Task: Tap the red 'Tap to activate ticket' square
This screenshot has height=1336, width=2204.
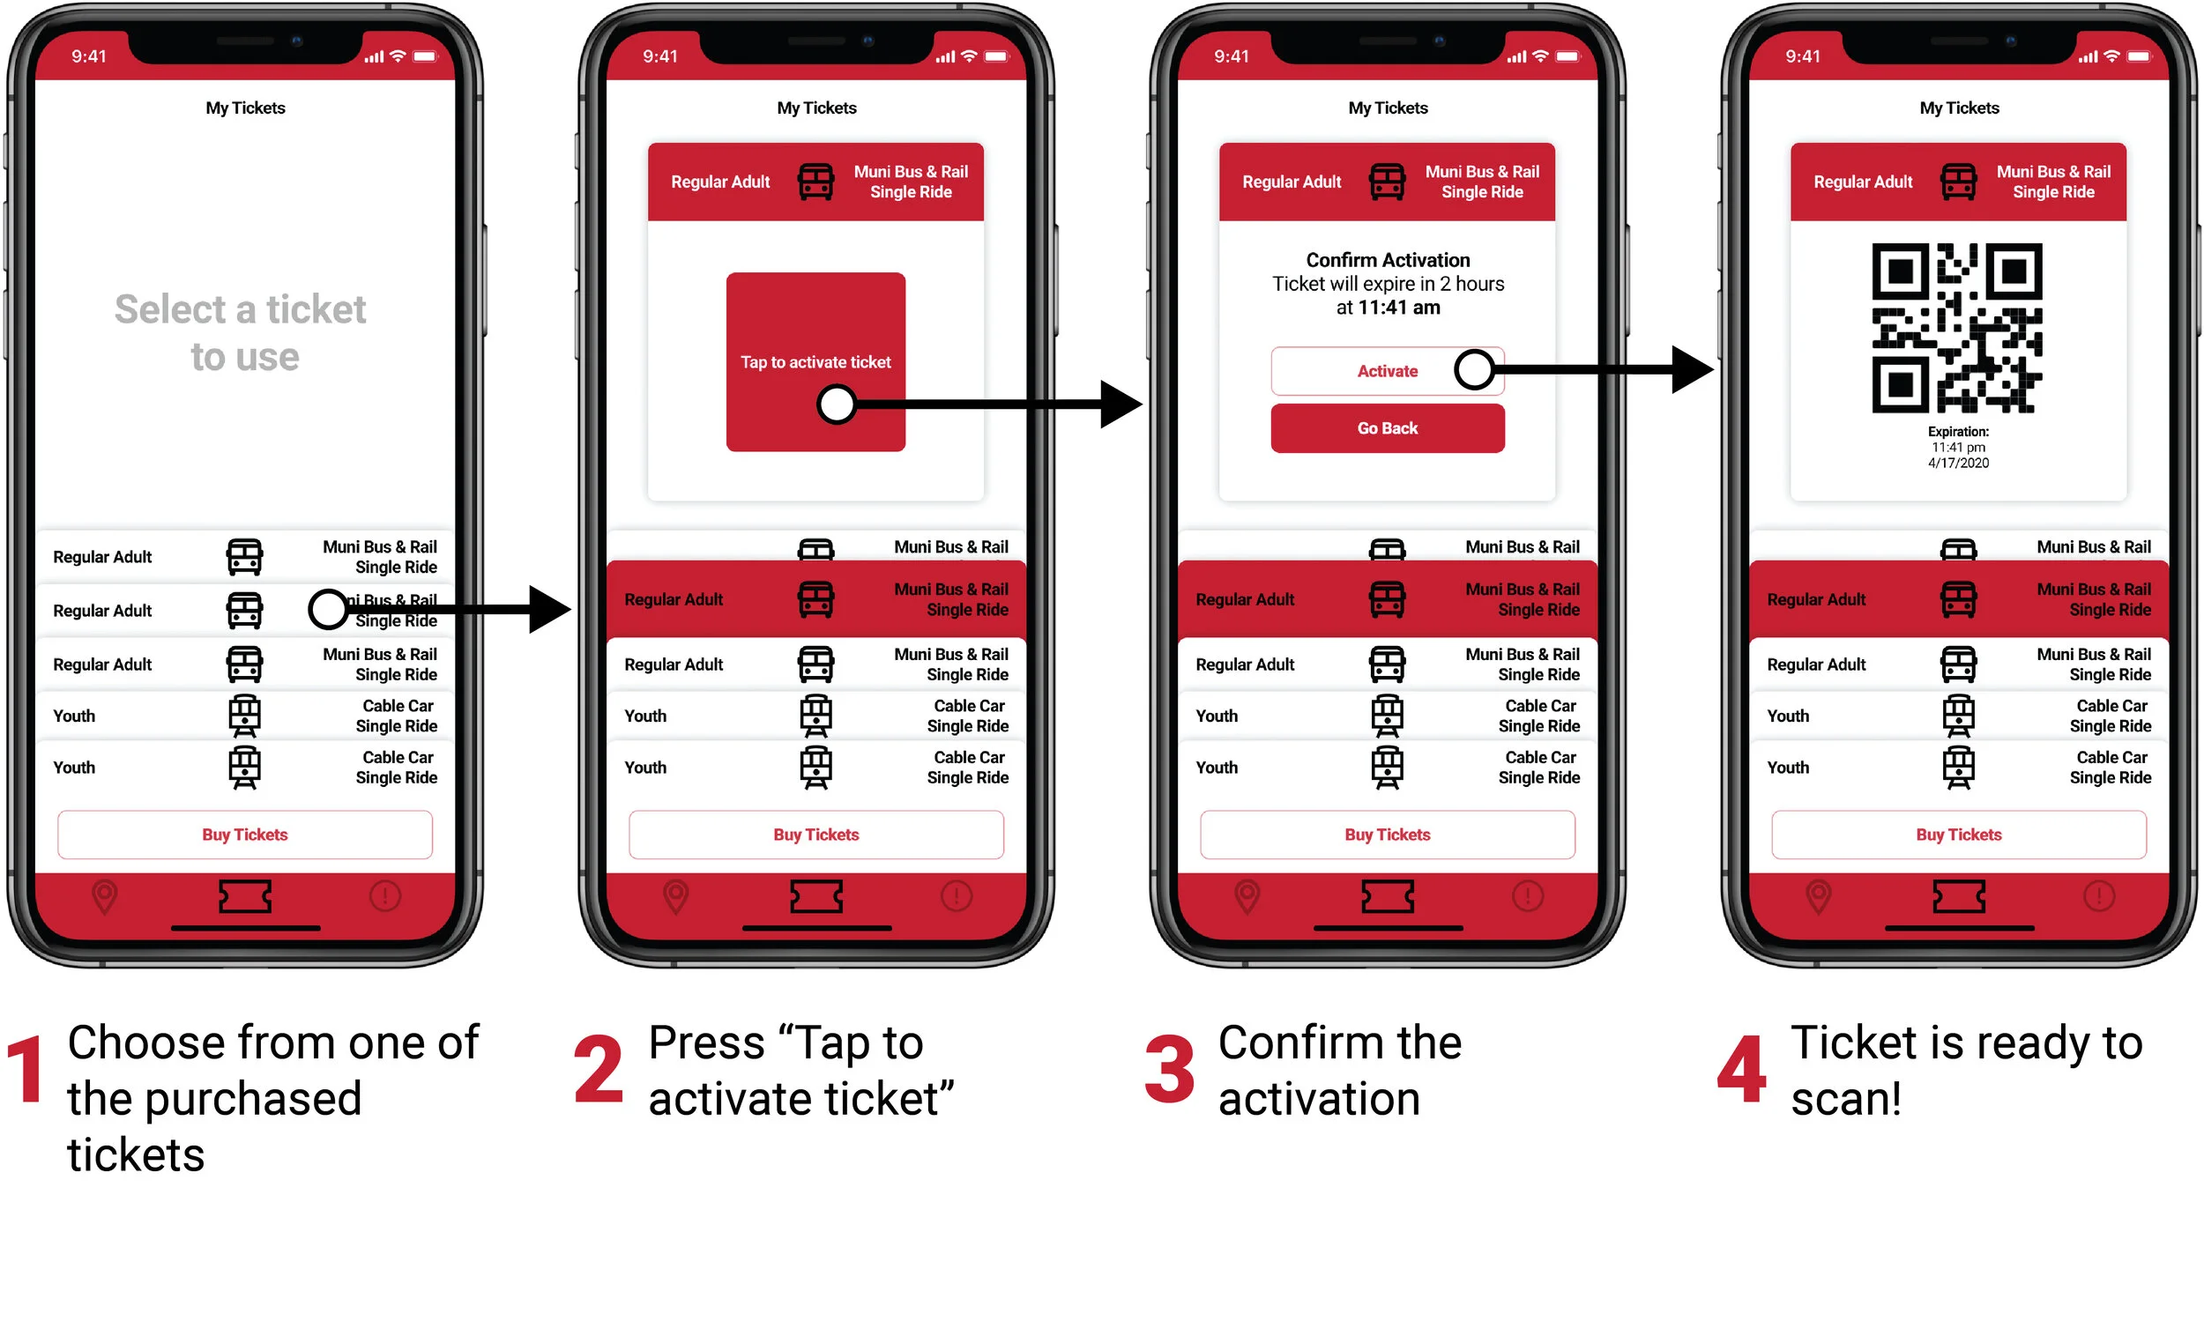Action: pos(815,361)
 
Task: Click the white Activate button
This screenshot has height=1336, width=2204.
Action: pos(1387,370)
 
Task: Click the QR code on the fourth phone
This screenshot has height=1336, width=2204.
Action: pos(1957,328)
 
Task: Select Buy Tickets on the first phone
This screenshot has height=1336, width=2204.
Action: pos(245,835)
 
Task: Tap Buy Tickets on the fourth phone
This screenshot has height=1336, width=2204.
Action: pos(1959,835)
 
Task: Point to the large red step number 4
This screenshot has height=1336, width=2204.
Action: pos(1741,1069)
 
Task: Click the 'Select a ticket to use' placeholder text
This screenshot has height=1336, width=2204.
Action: pos(242,332)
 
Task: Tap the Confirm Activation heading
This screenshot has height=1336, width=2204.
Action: pos(1388,260)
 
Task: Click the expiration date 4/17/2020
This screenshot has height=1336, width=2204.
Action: pos(1958,464)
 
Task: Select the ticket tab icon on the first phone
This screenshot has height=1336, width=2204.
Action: pos(245,896)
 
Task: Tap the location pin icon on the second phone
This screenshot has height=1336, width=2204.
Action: pos(676,897)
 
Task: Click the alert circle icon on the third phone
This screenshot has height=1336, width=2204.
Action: pos(1528,895)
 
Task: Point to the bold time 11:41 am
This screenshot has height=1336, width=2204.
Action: pos(1399,308)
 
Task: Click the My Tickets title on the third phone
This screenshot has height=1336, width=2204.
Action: pos(1388,108)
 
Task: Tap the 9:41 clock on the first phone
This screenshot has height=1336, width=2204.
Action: pos(89,56)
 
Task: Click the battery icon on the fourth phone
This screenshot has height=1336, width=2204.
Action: pos(2139,56)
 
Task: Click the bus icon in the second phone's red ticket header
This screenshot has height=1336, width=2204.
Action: pos(815,182)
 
